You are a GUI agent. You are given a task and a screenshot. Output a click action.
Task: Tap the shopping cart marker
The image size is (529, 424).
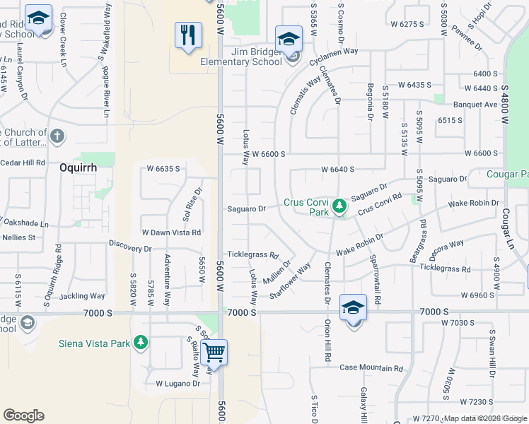(x=214, y=351)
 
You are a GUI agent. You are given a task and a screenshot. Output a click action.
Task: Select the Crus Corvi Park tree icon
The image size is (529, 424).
(x=339, y=206)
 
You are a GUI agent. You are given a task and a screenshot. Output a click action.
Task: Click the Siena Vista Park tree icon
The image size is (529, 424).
(x=141, y=343)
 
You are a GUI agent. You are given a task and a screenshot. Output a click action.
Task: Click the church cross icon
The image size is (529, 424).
(x=57, y=135)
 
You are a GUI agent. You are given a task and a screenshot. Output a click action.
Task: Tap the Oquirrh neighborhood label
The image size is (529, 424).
(x=78, y=169)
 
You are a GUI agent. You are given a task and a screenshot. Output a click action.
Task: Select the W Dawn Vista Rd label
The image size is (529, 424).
(x=172, y=232)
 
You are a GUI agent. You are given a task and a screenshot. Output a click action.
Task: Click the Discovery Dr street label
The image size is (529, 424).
(x=130, y=248)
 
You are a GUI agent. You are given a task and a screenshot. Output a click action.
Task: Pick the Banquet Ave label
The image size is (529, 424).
(x=475, y=105)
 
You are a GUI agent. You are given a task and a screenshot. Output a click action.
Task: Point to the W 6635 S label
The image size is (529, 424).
(x=163, y=169)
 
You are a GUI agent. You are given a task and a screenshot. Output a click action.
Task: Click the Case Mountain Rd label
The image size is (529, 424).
(x=371, y=368)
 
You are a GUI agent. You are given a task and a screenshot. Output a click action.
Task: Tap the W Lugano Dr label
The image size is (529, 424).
(x=178, y=384)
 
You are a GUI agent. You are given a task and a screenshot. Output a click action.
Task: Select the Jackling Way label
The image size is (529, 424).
(x=82, y=296)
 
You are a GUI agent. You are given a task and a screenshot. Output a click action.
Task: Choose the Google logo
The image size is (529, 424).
(x=23, y=416)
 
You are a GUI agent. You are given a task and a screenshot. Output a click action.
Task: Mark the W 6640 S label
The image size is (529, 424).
(x=337, y=170)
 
